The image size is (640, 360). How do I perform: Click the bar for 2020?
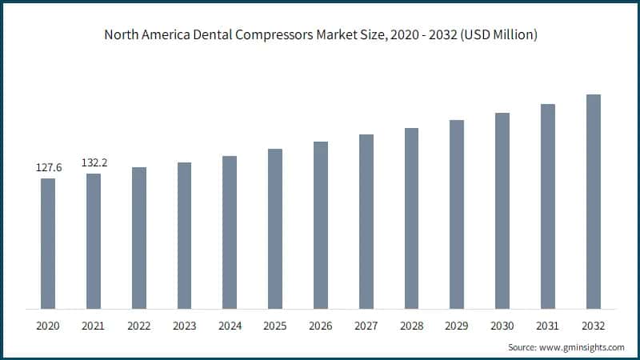click(48, 243)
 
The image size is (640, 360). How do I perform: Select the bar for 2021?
click(94, 241)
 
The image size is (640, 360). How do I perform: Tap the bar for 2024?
click(230, 232)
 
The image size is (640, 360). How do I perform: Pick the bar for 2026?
click(321, 225)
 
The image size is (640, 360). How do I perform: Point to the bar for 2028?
click(411, 218)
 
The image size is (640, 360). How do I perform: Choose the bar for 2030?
click(502, 210)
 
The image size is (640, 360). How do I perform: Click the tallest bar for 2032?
click(594, 202)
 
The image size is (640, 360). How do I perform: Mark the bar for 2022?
click(139, 238)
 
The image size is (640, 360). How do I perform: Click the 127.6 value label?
click(48, 168)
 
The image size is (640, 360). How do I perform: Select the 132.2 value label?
click(94, 163)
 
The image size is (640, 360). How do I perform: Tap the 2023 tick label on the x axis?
click(185, 326)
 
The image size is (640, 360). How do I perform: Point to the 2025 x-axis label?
click(275, 326)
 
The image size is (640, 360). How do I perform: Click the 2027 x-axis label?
click(366, 326)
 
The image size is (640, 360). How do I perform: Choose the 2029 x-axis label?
click(457, 326)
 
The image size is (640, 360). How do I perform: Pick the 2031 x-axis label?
click(548, 326)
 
